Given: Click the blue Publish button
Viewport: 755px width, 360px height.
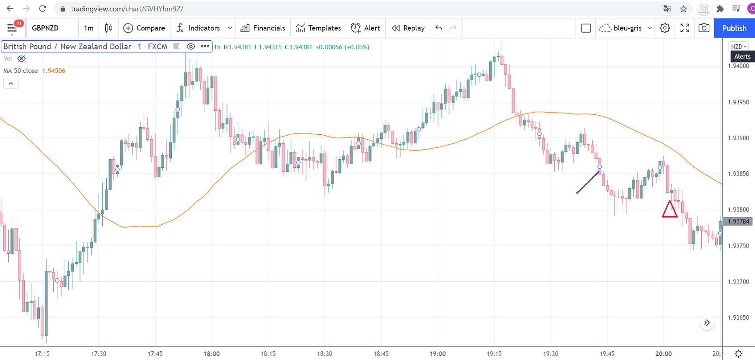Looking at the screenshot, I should point(734,28).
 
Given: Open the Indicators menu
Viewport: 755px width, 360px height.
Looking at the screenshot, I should point(198,28).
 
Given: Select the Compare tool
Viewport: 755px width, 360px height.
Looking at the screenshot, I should point(144,28).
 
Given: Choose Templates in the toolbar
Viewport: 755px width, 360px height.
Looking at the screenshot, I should point(318,28).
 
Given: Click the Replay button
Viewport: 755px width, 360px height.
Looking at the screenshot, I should point(408,28).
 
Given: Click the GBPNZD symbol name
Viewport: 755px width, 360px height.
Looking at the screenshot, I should point(45,28).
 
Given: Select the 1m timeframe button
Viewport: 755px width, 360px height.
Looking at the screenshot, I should point(89,28).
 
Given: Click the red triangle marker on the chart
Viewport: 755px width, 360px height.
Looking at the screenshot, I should point(670,210).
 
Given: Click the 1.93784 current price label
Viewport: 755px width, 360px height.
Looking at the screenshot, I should point(738,222).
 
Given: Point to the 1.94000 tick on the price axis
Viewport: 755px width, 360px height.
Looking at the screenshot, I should point(738,66).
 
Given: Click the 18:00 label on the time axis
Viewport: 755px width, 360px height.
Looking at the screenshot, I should point(212,354).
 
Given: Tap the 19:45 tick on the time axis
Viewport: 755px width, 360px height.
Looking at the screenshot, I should point(607,354).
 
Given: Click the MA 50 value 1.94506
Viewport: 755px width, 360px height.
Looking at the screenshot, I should point(54,71).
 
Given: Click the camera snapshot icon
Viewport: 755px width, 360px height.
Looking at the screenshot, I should point(704,28).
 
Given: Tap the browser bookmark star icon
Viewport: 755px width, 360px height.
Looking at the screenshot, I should point(684,9).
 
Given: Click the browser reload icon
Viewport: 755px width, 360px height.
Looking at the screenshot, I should point(42,9).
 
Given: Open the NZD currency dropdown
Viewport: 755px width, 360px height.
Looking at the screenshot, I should point(739,47).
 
